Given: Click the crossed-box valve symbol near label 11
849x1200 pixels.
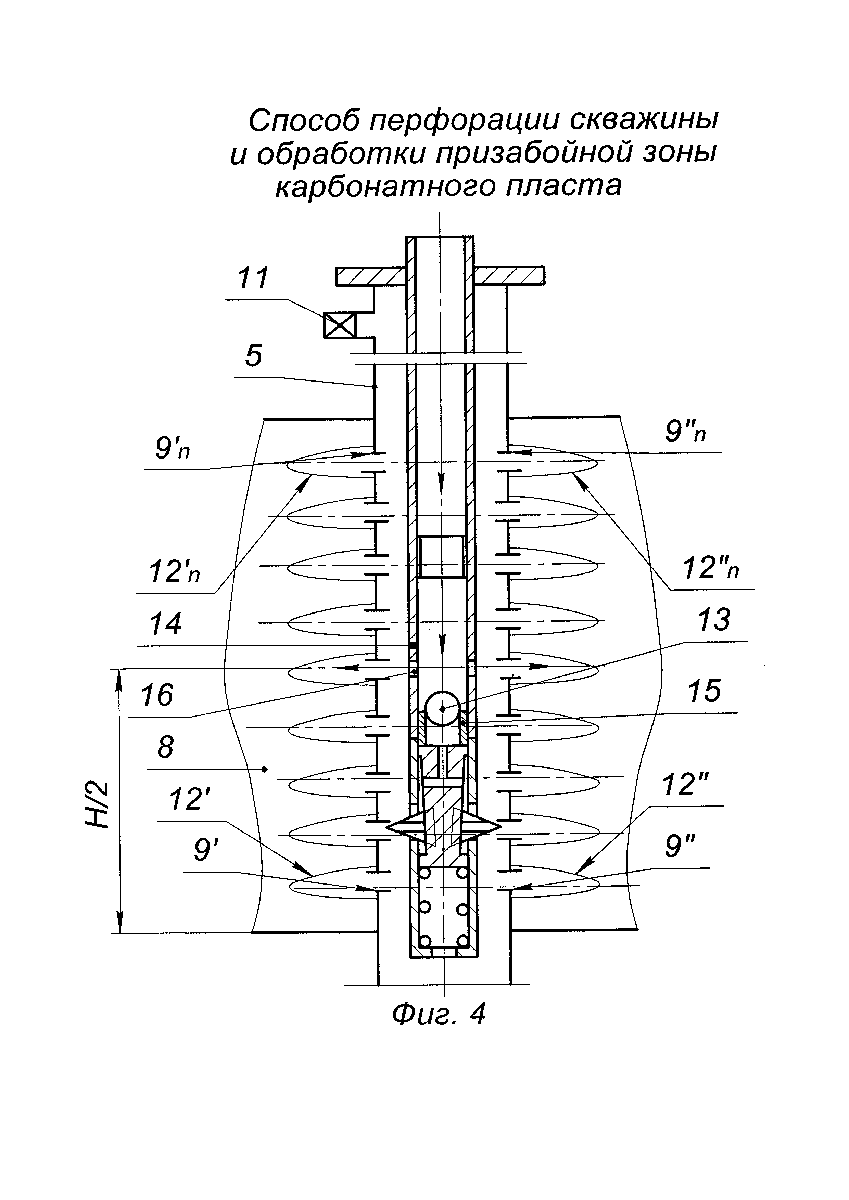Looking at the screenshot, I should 339,326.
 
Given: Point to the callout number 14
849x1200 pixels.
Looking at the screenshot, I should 165,623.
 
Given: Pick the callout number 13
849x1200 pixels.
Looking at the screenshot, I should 713,620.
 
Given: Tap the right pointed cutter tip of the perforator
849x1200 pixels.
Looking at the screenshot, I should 498,827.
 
